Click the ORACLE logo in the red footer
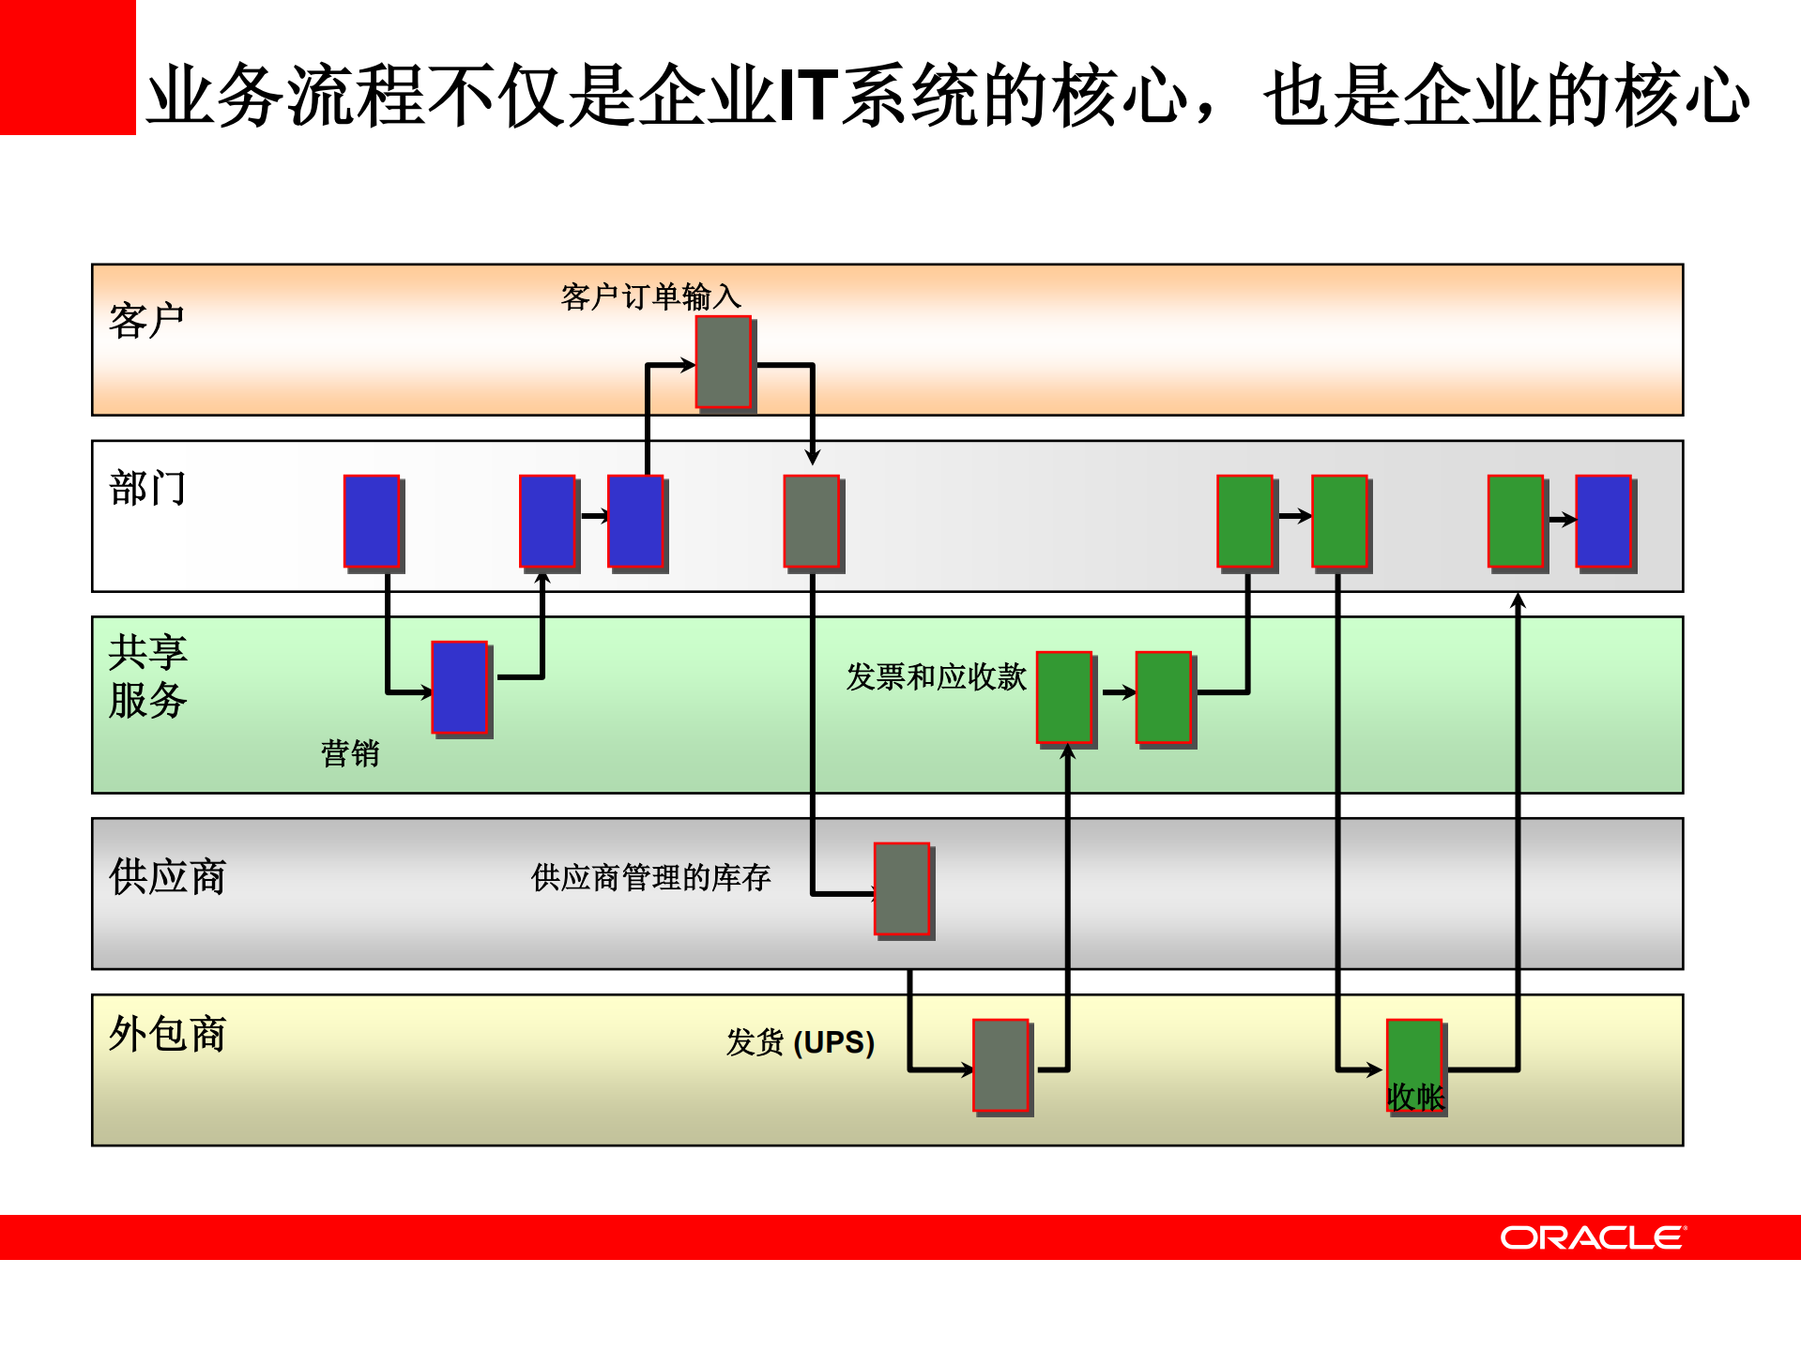1592,1237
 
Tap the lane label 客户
146,321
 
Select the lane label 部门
147,489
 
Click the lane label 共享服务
147,676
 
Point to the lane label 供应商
167,876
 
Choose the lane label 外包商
167,1034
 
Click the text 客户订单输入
650,296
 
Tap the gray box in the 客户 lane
723,362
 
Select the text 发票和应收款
936,676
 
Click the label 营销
349,753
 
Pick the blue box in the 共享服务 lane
459,687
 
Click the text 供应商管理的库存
650,877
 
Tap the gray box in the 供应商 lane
901,888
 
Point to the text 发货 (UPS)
800,1042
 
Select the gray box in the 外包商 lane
1000,1065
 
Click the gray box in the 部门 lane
811,522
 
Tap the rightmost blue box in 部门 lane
1603,522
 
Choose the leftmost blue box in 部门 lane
372,522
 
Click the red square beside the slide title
68,68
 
